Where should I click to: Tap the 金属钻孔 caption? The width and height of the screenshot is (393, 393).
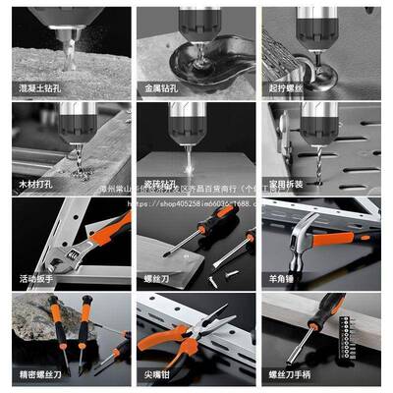coord(160,87)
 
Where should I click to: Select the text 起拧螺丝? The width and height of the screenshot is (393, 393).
coord(285,87)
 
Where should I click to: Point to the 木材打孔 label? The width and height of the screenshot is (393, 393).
coord(34,184)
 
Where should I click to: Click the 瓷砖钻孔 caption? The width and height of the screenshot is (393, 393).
coord(160,184)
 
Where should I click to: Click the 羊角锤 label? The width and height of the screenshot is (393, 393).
coord(281,279)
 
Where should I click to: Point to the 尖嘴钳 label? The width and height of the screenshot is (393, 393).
coord(157,374)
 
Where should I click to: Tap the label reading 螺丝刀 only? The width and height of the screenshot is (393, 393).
coord(157,279)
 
